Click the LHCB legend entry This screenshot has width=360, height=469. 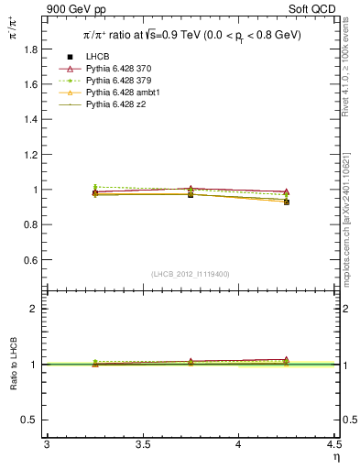point(98,58)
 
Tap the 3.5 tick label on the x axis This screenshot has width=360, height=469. point(143,445)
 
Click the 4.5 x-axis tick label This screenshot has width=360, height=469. point(334,445)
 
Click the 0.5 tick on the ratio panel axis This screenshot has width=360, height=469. point(34,420)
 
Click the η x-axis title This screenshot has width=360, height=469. point(335,456)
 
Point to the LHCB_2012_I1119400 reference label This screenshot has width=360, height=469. point(191,274)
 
